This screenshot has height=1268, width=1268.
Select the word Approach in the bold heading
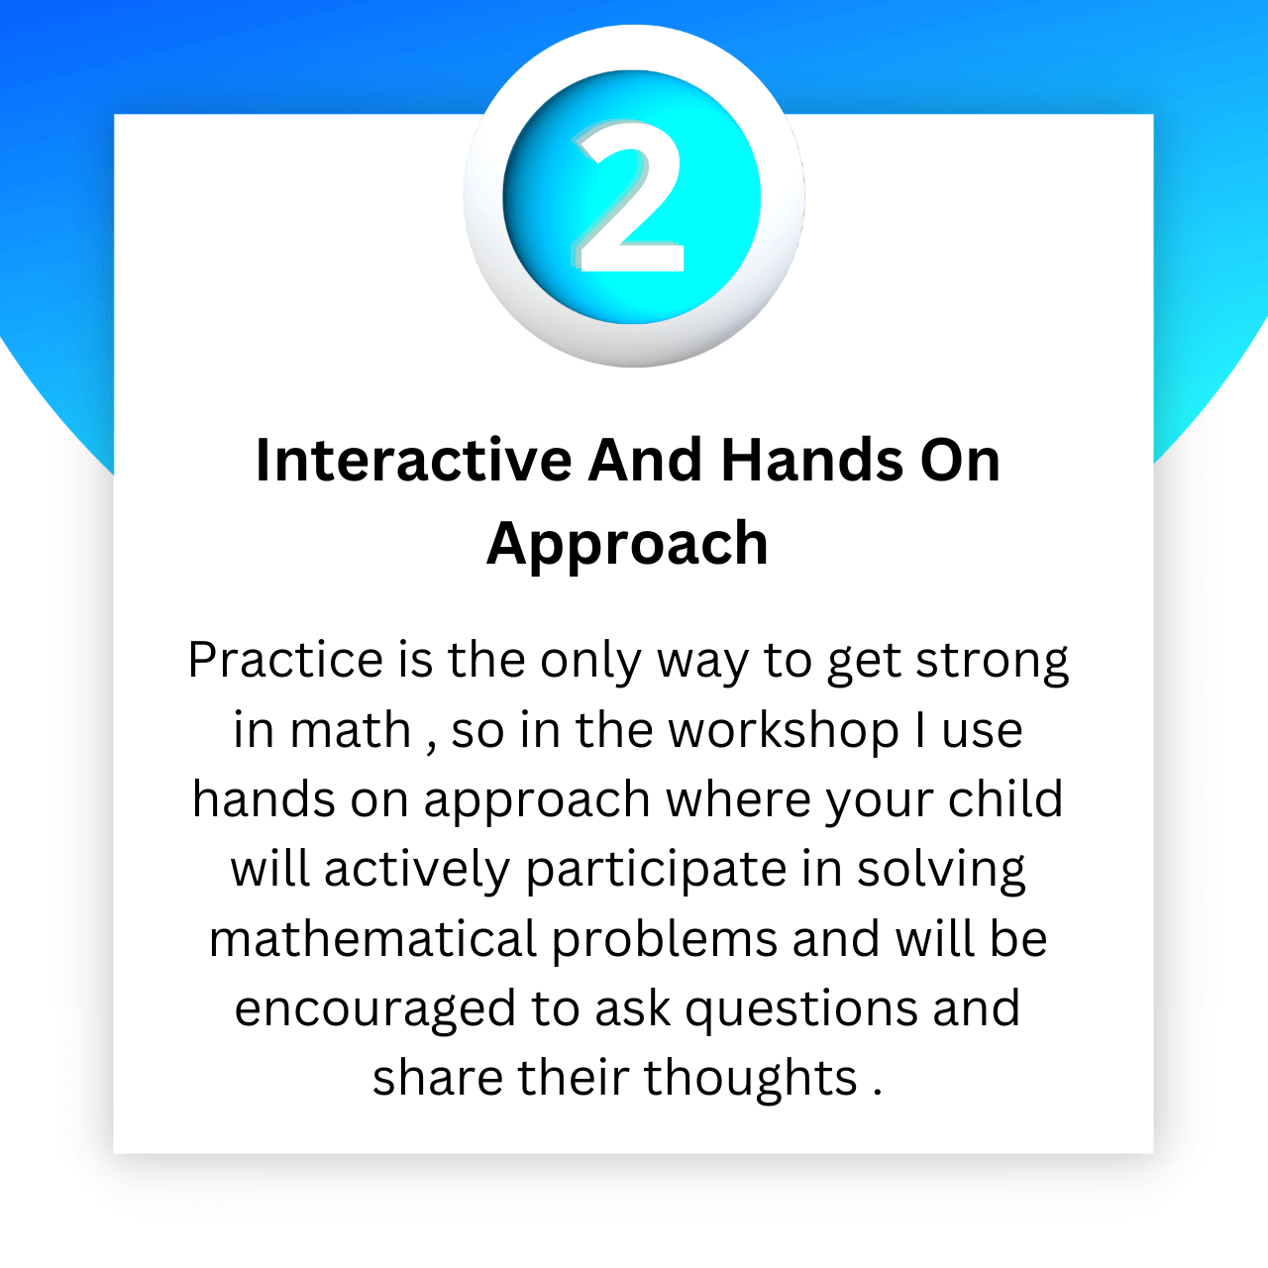(x=627, y=545)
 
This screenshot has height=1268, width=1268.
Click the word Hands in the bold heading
(x=813, y=460)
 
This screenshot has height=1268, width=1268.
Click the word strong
(x=993, y=662)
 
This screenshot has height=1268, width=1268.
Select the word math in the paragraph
(x=351, y=730)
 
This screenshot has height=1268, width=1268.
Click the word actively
(x=417, y=871)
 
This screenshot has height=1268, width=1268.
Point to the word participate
(x=656, y=871)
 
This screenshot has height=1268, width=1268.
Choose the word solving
(x=941, y=871)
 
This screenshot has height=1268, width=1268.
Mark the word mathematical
(x=373, y=939)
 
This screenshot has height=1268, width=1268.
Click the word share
(x=438, y=1079)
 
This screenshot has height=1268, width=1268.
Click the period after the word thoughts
(x=877, y=1094)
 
